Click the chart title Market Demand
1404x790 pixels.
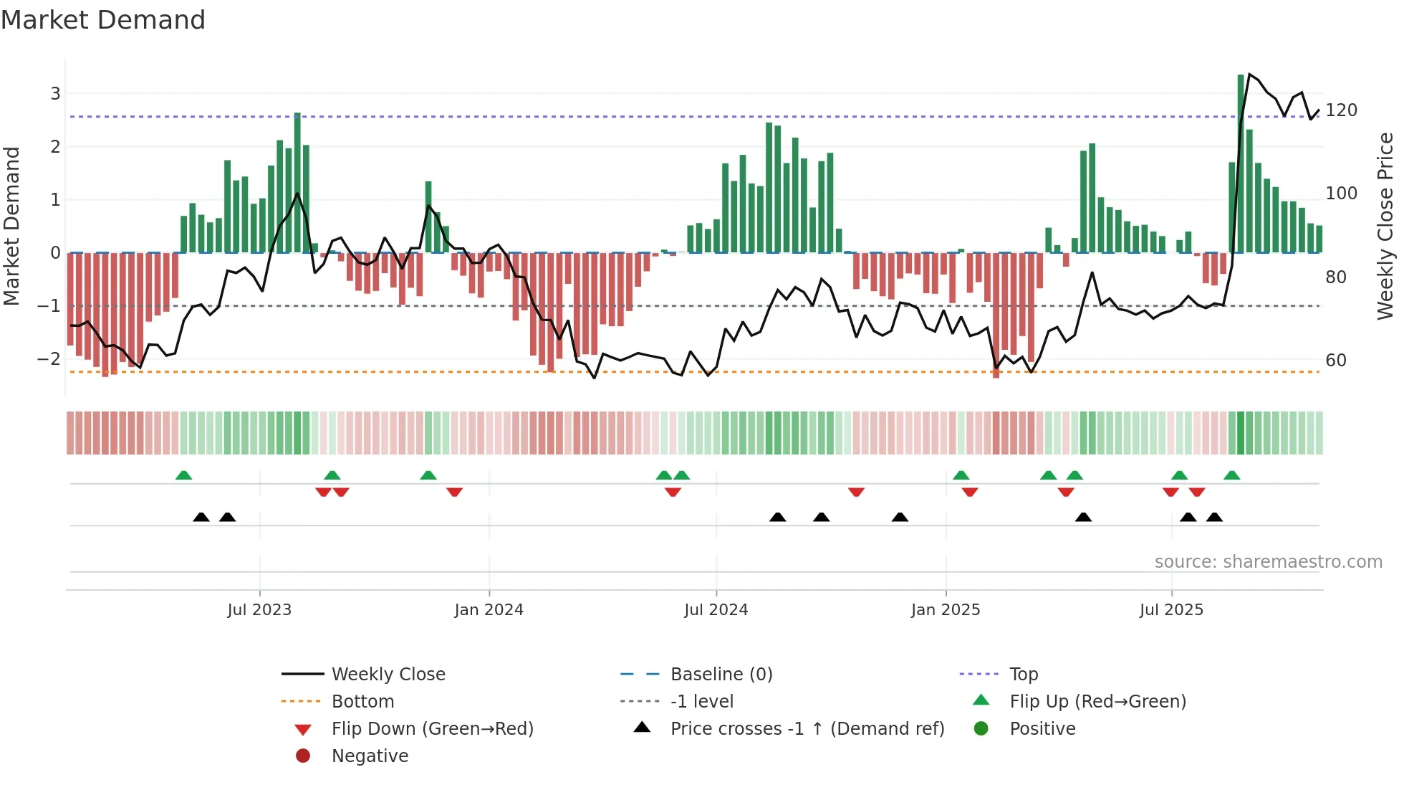[x=103, y=20]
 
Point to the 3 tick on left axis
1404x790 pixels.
[x=55, y=93]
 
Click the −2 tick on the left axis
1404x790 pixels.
[x=49, y=358]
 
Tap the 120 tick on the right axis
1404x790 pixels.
[x=1341, y=110]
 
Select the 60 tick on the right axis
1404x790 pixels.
[x=1336, y=360]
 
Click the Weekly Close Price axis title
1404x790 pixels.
[x=1385, y=226]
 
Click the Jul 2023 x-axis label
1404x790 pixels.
[x=259, y=610]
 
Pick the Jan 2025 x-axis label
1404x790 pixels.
[x=946, y=610]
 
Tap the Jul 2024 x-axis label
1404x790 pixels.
[x=716, y=610]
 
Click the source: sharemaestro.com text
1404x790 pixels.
[x=1268, y=562]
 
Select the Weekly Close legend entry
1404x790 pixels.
[x=388, y=675]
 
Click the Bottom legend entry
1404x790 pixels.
[x=362, y=702]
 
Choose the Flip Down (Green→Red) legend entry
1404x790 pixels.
[x=432, y=729]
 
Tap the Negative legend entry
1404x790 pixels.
[x=370, y=756]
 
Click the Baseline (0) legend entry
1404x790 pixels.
[x=721, y=675]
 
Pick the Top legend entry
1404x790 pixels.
[x=1024, y=675]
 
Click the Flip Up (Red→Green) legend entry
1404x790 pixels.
[x=1097, y=702]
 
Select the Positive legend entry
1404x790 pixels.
[x=1042, y=729]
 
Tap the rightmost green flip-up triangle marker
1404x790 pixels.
[x=1232, y=475]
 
